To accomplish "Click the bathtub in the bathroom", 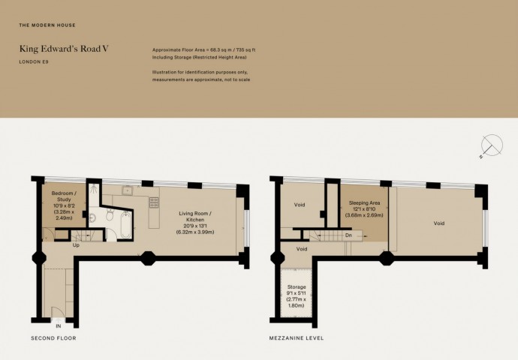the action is [125, 224].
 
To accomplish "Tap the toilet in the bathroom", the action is [110, 215].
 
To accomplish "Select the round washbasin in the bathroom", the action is [92, 217].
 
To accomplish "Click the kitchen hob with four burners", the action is [154, 202].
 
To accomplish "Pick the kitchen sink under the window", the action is [127, 190].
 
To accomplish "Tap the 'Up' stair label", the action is [76, 245].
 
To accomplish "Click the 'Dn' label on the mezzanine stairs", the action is [348, 235].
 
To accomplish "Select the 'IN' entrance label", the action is [59, 326].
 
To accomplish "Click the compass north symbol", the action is [491, 145].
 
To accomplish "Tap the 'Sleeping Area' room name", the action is [364, 203].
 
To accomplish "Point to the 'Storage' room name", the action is [297, 286].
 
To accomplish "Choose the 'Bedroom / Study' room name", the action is [64, 196].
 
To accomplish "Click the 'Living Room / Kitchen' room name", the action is [195, 217].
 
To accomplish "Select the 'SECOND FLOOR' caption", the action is [53, 338].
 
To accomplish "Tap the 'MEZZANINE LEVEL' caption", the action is [297, 338].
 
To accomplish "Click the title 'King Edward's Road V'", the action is [64, 49].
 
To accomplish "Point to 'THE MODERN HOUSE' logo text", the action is [47, 25].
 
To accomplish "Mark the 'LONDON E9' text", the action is [34, 61].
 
